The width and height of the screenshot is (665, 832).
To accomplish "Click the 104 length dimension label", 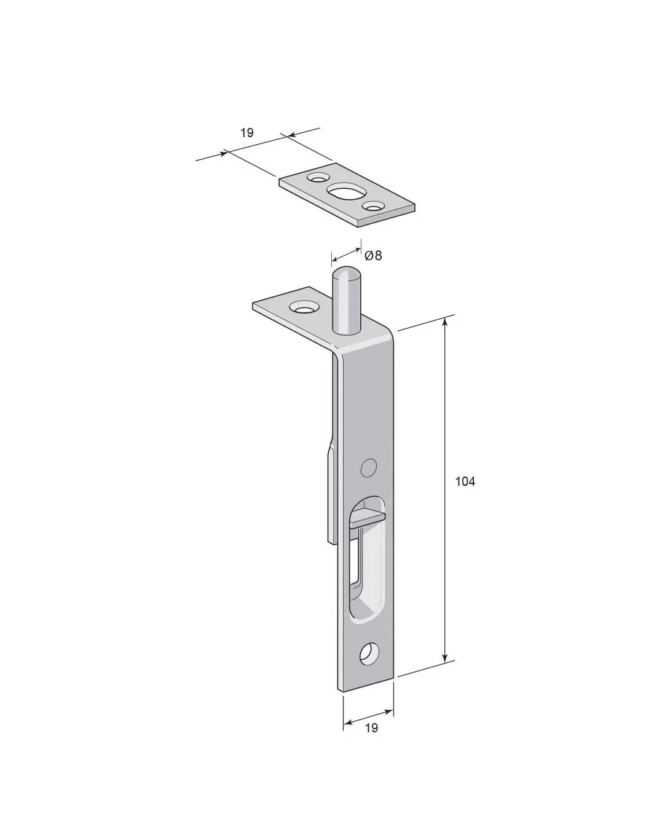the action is pos(465,481).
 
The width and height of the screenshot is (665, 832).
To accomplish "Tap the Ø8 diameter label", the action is pos(373,256).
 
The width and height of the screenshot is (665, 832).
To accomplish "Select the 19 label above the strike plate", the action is pos(247,133).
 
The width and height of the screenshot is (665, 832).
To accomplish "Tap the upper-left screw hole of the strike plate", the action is pos(317,178).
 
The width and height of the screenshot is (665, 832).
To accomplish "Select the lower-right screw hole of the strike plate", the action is pos(374,207).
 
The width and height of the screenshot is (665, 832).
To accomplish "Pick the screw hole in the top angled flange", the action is pos(304,307).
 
